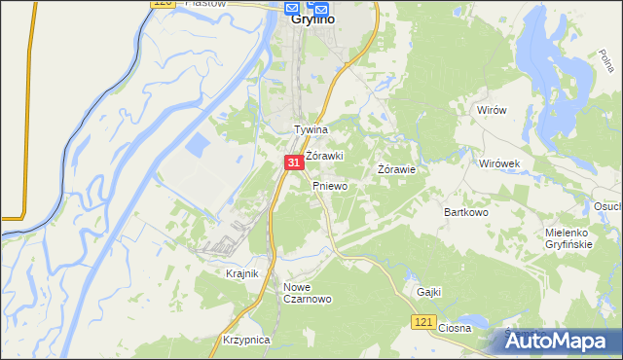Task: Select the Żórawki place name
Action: point(325,156)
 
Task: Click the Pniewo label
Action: point(330,185)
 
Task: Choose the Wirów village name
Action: point(492,111)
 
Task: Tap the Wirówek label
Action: point(501,163)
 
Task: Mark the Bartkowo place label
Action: point(465,211)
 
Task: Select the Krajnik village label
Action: point(241,274)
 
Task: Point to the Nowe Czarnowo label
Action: point(308,293)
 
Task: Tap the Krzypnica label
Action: point(245,340)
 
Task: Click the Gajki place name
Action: point(428,292)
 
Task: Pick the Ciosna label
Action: point(455,328)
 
